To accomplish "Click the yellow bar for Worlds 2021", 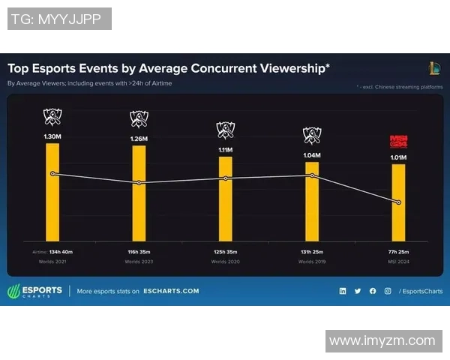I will coord(52,191).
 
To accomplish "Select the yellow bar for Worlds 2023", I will coord(139,193).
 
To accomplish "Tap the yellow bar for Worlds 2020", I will coord(225,199).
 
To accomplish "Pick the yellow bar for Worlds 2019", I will coord(312,201).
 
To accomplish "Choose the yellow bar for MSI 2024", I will coord(398,202).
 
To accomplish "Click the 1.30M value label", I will coord(52,137).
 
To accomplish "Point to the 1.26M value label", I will coord(139,139).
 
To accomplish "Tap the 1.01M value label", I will coord(398,158).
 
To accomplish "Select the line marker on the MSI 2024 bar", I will coord(398,202).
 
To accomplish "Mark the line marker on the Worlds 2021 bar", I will coord(52,174).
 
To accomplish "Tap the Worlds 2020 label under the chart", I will coord(225,262).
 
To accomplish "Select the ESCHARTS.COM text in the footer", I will coord(171,291).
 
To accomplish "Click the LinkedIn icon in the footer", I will coord(343,291).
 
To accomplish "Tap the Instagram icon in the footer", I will coord(387,291).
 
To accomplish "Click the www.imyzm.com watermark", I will coord(382,340).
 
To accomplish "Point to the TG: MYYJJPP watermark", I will coord(59,19).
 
